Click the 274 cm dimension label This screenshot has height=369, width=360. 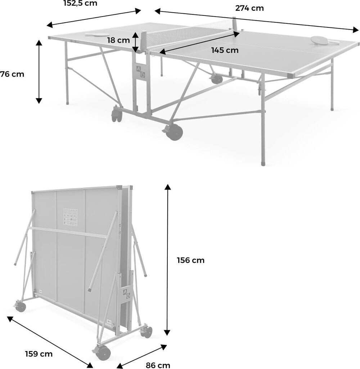[x=249, y=8]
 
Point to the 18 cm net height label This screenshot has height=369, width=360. [x=118, y=40]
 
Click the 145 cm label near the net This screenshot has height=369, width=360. [x=225, y=50]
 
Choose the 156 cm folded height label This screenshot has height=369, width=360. [x=190, y=260]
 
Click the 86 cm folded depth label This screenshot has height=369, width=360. [x=158, y=365]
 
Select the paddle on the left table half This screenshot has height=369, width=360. [x=97, y=35]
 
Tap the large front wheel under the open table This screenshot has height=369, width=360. [x=175, y=132]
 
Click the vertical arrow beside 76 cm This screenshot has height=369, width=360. [x=39, y=72]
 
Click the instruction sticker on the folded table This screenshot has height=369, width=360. [x=70, y=217]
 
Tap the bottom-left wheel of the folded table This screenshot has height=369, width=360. [x=21, y=307]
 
